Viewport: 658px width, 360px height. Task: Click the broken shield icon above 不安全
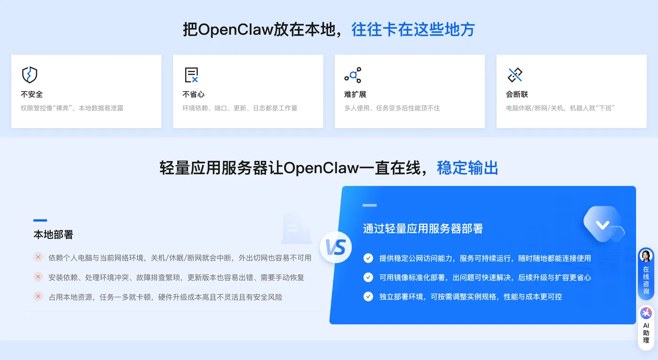tap(30, 75)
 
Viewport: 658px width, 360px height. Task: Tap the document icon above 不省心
tap(191, 75)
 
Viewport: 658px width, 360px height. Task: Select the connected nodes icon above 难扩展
tap(353, 75)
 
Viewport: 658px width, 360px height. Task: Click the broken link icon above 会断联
tap(515, 75)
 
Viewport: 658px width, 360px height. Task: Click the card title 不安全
tap(31, 94)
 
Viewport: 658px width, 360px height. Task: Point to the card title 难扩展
tap(355, 94)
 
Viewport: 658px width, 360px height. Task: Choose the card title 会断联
tap(517, 94)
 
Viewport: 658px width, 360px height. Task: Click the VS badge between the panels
tap(336, 247)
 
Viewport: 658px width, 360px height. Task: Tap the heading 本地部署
tap(53, 234)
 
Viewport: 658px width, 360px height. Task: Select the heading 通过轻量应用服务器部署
tap(423, 228)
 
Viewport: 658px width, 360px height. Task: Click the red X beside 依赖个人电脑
tap(38, 257)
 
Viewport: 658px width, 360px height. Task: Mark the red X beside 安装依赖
tap(38, 277)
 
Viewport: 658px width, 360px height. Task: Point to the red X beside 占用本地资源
tap(38, 297)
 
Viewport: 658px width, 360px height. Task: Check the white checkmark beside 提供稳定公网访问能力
tap(368, 258)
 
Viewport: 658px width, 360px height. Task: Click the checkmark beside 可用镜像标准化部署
tap(368, 277)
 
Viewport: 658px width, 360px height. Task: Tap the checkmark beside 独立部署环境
tap(368, 297)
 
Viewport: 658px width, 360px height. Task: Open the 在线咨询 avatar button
tap(646, 256)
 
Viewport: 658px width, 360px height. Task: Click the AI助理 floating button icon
tap(646, 313)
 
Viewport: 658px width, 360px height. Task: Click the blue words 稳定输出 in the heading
tap(467, 168)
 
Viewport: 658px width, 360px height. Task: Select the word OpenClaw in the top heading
tap(235, 30)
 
